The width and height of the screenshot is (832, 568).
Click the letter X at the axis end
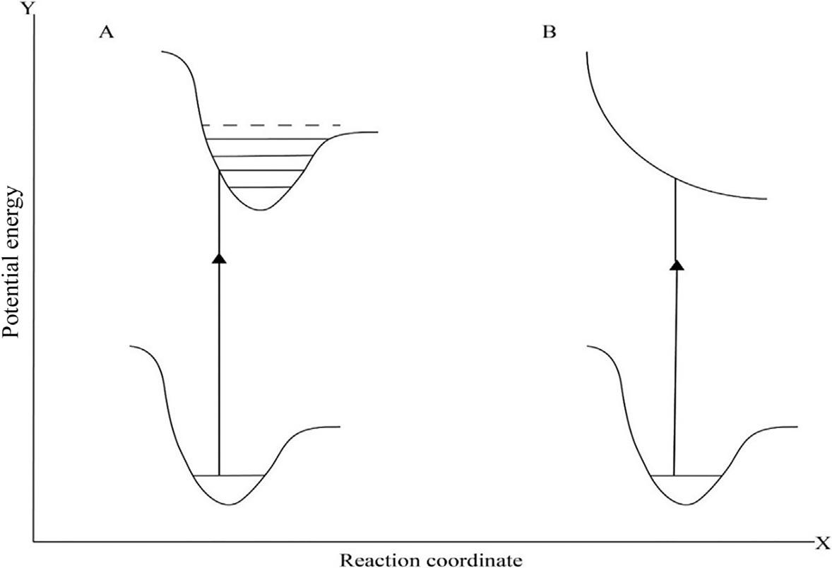click(x=822, y=543)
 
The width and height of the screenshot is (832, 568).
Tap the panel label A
click(x=107, y=34)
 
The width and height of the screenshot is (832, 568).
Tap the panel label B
click(x=549, y=34)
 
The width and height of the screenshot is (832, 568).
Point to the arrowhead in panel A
click(x=219, y=258)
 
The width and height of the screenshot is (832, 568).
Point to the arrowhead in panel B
click(x=677, y=265)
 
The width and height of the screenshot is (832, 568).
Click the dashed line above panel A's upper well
click(x=271, y=125)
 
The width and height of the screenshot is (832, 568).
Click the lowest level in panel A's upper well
click(x=261, y=187)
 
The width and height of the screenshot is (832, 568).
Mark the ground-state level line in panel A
click(x=229, y=475)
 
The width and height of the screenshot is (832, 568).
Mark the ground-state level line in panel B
click(x=686, y=475)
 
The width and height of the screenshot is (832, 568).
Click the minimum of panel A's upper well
click(x=262, y=210)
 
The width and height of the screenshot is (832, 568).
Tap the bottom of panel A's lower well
click(x=229, y=504)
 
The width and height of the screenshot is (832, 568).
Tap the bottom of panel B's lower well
click(x=686, y=504)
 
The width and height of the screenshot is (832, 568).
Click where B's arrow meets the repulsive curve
click(x=676, y=178)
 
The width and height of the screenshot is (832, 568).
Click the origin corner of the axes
click(x=32, y=543)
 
